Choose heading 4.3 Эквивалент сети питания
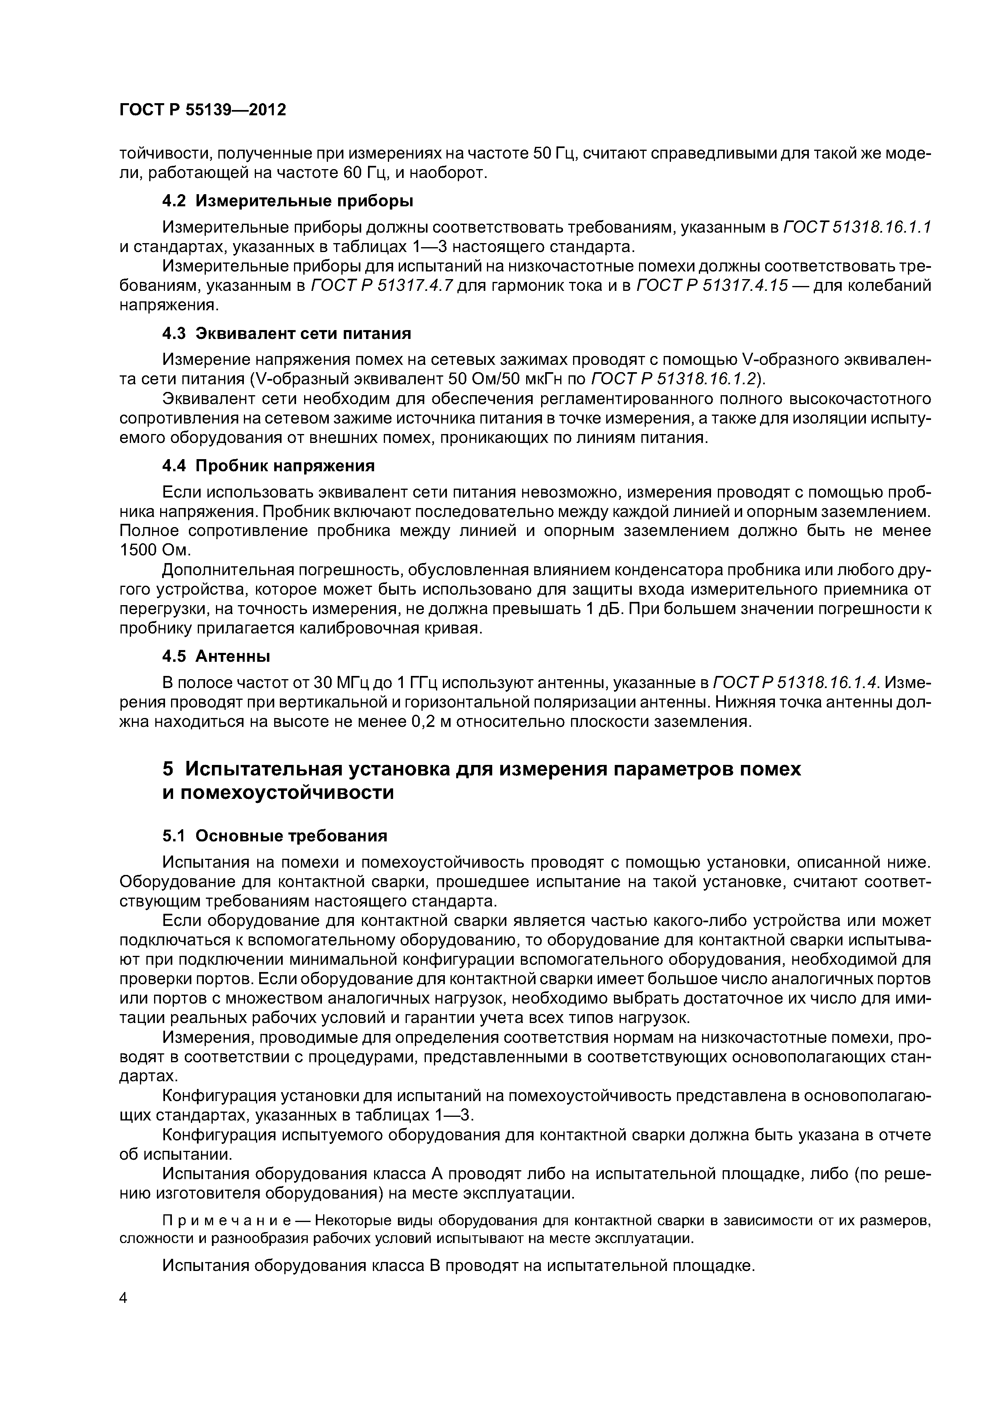[286, 334]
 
